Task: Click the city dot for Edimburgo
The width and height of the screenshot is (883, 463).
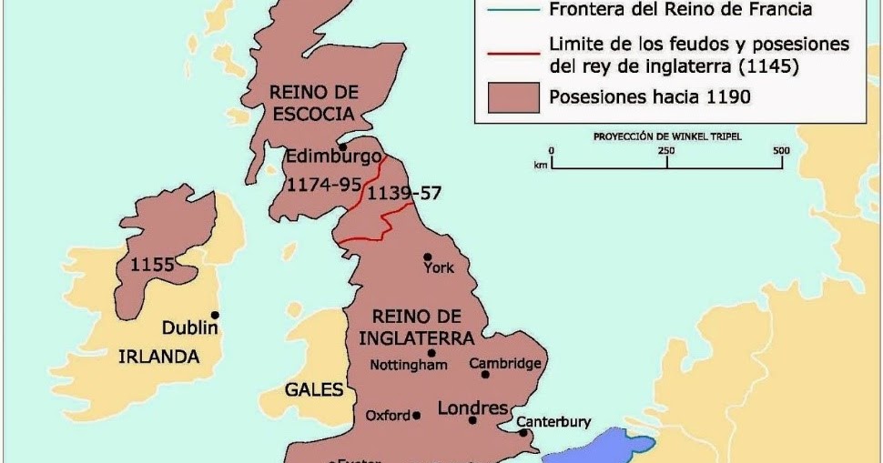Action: tap(342, 146)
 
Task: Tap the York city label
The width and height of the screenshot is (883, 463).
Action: tap(439, 267)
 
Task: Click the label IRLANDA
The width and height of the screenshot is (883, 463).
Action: tap(158, 357)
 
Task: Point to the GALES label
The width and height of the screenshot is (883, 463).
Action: tap(314, 389)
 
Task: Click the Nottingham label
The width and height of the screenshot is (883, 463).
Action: tap(409, 365)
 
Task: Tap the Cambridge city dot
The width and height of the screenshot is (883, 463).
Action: tap(485, 374)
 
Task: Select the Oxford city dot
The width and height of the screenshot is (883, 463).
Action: tap(416, 415)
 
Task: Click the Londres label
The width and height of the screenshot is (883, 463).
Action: tap(472, 408)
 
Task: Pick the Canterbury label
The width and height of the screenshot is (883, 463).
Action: tap(553, 422)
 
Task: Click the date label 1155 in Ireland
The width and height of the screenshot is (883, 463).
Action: tap(152, 266)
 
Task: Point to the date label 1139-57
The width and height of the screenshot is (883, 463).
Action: tap(404, 193)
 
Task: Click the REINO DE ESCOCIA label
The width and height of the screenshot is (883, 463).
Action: tap(315, 101)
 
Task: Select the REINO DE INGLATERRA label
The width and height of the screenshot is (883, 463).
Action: tap(417, 327)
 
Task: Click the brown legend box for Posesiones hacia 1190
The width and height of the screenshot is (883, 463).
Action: tap(513, 96)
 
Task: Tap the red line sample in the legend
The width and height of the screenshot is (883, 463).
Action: tap(513, 54)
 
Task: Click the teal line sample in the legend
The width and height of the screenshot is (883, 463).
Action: tap(513, 11)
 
